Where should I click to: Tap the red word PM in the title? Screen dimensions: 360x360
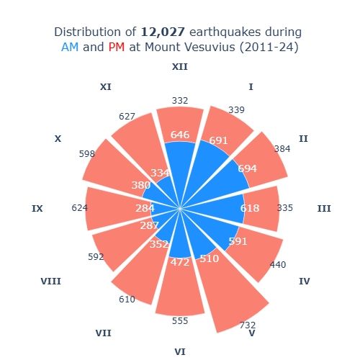[x=117, y=48]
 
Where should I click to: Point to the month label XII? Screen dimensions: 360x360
[x=179, y=67]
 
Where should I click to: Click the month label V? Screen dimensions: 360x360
[x=252, y=333]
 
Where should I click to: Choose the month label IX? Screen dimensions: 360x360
[x=37, y=209]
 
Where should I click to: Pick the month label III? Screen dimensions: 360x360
[x=324, y=209]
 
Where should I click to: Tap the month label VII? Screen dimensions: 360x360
[x=103, y=333]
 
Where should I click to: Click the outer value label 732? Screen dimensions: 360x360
[x=247, y=325]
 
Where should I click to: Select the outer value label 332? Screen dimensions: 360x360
[x=180, y=100]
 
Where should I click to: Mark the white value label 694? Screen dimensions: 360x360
[x=247, y=168]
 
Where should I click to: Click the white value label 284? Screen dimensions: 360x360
[x=145, y=208]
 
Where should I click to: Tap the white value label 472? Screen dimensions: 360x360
[x=179, y=263]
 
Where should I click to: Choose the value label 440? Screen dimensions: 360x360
[x=278, y=264]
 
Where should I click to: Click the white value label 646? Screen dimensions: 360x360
[x=180, y=135]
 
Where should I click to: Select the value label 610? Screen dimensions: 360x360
[x=127, y=299]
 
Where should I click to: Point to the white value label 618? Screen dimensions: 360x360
[x=250, y=208]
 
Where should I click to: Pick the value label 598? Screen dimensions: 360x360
[x=87, y=154]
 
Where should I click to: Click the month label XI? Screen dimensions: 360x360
[x=105, y=87]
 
